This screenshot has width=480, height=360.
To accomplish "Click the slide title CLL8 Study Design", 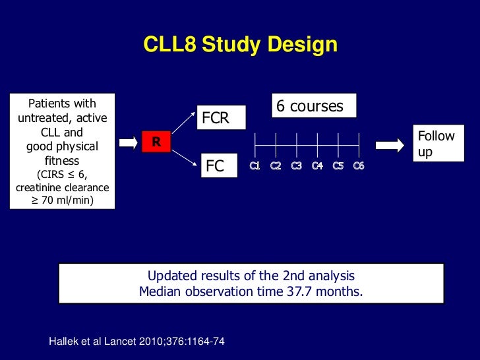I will [240, 45].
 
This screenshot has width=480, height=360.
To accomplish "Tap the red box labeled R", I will [156, 141].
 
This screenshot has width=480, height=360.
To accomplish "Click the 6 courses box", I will [313, 106].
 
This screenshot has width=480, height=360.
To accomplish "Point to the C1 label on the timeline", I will [255, 165].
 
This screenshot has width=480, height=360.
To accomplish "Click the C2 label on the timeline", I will [276, 165].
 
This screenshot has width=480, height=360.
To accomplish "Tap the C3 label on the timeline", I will [296, 165].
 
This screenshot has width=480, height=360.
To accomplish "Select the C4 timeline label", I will [317, 165].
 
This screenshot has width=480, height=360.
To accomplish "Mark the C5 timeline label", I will [338, 165].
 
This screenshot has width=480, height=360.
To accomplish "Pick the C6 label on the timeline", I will [358, 165].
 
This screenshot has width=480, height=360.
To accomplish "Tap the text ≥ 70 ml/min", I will [63, 200].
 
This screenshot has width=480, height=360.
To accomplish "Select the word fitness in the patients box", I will [62, 160].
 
